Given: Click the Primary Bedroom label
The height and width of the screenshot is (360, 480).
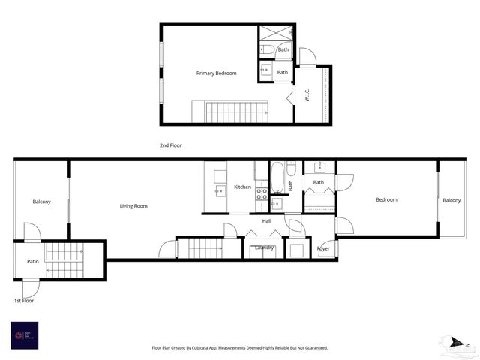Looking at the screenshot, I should (x=216, y=73).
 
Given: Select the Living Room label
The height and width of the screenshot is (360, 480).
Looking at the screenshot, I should (x=133, y=206).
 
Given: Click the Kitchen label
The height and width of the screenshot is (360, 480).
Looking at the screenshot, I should (x=242, y=187).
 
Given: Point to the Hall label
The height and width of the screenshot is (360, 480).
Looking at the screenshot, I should (x=266, y=221).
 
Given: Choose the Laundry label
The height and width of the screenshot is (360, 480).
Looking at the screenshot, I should (x=264, y=247).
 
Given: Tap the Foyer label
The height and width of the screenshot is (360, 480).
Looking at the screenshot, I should (x=323, y=248).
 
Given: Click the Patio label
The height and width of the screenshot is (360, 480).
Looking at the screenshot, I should (x=32, y=261).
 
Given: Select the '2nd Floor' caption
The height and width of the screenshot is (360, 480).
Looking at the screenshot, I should (x=170, y=145).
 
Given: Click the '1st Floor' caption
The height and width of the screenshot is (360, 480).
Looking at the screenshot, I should (x=23, y=301).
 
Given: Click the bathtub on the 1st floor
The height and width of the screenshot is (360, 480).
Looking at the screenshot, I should (x=277, y=178).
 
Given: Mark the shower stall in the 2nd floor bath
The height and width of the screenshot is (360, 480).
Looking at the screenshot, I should (x=277, y=34).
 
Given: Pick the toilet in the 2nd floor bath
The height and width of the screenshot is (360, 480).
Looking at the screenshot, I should (x=267, y=50).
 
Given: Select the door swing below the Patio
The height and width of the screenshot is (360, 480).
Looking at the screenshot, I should (x=31, y=288).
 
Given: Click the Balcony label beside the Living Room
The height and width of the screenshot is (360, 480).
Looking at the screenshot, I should (x=41, y=202).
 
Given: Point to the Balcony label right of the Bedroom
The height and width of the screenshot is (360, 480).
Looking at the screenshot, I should (x=451, y=200).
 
